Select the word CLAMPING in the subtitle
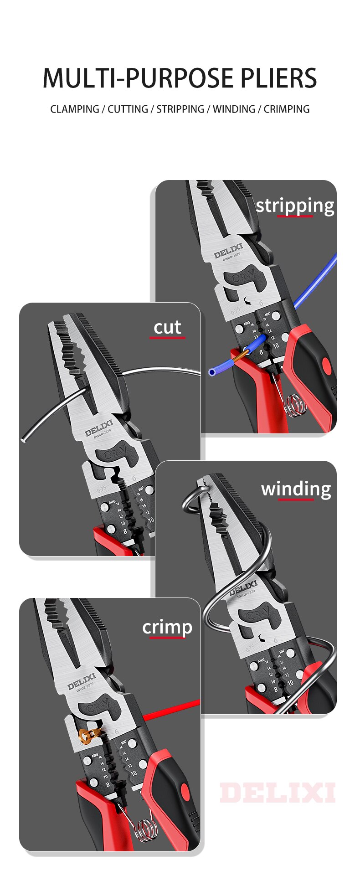coord(75,109)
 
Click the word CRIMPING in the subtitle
coord(286,109)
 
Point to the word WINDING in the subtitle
coord(234,109)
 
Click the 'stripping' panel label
coord(295,206)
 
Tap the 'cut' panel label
coord(167,327)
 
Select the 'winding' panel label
coord(296,489)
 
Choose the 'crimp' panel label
coord(167,627)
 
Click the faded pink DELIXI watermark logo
coord(278,793)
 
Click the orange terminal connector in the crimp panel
coord(89,733)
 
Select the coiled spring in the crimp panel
coord(146,827)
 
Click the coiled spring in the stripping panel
coord(296,405)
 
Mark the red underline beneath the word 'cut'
coord(167,338)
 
